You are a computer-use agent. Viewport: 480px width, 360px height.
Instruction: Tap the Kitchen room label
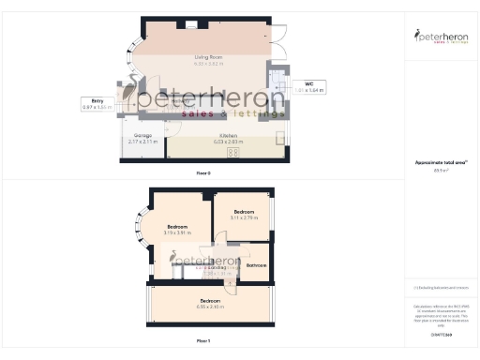tap(228, 136)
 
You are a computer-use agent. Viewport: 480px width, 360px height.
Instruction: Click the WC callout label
tap(308, 84)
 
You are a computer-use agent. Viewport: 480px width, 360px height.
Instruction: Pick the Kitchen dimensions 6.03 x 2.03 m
tap(228, 142)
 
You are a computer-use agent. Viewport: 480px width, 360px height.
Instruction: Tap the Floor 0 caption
tap(203, 172)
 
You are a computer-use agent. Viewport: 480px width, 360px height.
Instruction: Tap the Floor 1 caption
tap(203, 340)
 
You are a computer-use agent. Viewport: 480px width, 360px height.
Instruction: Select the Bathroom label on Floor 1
tap(256, 265)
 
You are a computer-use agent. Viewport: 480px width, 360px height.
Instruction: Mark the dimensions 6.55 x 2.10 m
tap(210, 307)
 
